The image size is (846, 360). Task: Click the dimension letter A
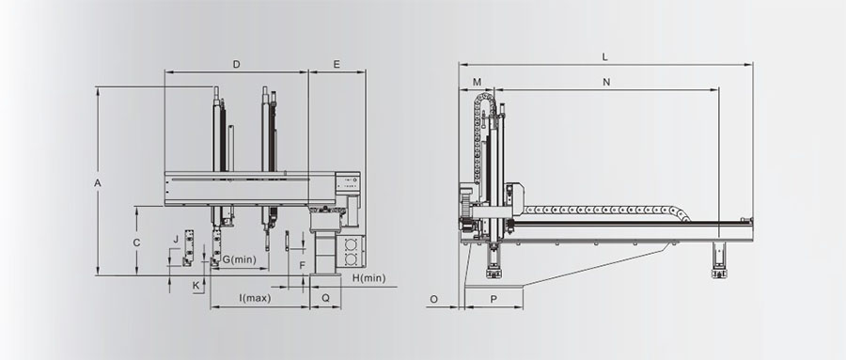(x=98, y=183)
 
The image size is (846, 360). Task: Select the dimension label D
(x=236, y=64)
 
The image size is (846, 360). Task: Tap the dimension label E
(x=337, y=64)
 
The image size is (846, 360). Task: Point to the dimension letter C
(x=136, y=243)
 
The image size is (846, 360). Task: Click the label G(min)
(x=239, y=259)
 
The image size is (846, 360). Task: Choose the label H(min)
(x=369, y=278)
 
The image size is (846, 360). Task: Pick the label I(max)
(x=255, y=298)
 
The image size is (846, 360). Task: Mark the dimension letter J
(x=176, y=239)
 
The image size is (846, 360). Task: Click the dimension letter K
(x=196, y=285)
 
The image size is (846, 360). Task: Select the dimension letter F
(x=302, y=266)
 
